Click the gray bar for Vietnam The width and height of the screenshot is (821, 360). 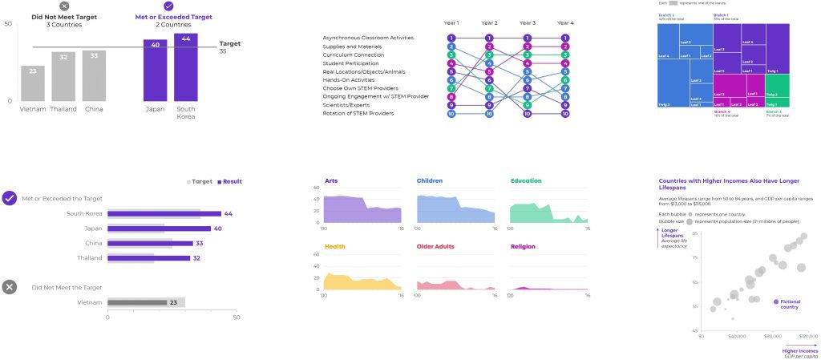click(33, 83)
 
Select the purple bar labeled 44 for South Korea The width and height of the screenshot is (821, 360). click(186, 67)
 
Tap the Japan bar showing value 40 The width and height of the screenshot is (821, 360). click(156, 70)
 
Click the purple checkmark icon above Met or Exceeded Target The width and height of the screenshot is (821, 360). click(168, 6)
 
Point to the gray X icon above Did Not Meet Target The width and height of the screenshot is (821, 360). click(64, 6)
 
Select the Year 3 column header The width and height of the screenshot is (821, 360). click(527, 23)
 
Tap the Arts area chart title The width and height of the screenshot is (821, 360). click(331, 180)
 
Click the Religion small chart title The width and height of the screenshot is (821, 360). click(523, 246)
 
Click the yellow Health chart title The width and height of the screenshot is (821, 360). click(334, 246)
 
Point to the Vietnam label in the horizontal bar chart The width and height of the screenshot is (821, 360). click(89, 302)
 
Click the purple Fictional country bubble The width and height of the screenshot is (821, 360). click(775, 301)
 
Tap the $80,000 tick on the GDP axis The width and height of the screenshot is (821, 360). click(772, 337)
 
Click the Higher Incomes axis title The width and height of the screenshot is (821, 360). click(800, 350)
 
